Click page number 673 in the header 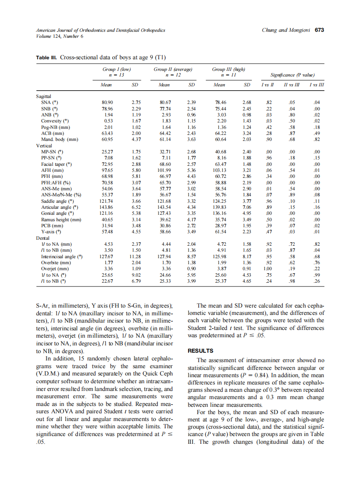tap(319, 31)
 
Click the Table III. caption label tap(46, 57)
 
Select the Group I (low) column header tap(116, 69)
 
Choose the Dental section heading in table tap(43, 238)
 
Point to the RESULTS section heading tap(201, 351)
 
